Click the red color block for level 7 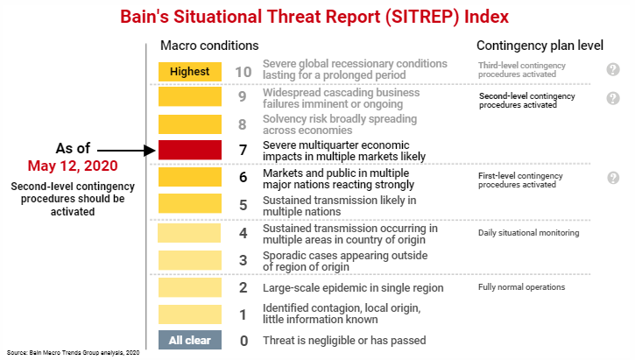pos(190,150)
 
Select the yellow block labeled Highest pos(190,71)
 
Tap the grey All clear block pos(190,340)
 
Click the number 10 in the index pos(243,71)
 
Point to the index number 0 pos(243,340)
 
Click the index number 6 pos(243,177)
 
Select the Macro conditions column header pos(208,45)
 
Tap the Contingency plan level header pos(534,45)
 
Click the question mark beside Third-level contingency pos(613,70)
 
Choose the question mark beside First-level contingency pos(613,178)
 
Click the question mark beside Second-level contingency pos(613,98)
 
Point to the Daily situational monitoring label pos(528,233)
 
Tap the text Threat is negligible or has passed pos(344,340)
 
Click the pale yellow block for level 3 pos(190,260)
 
